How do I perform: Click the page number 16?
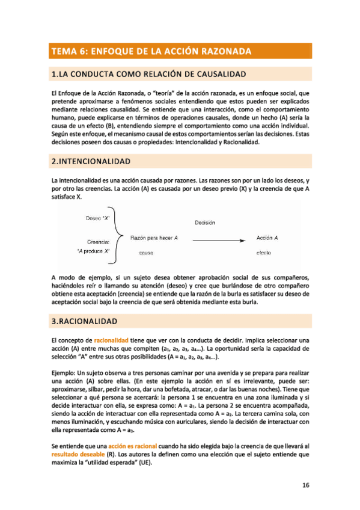tap(305, 485)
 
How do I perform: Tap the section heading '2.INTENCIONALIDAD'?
tap(91, 162)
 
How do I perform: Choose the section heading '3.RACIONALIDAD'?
tap(84, 322)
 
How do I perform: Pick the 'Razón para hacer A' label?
tap(154, 239)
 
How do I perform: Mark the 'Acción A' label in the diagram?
tap(267, 238)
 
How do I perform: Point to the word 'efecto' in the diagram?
tap(264, 253)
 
